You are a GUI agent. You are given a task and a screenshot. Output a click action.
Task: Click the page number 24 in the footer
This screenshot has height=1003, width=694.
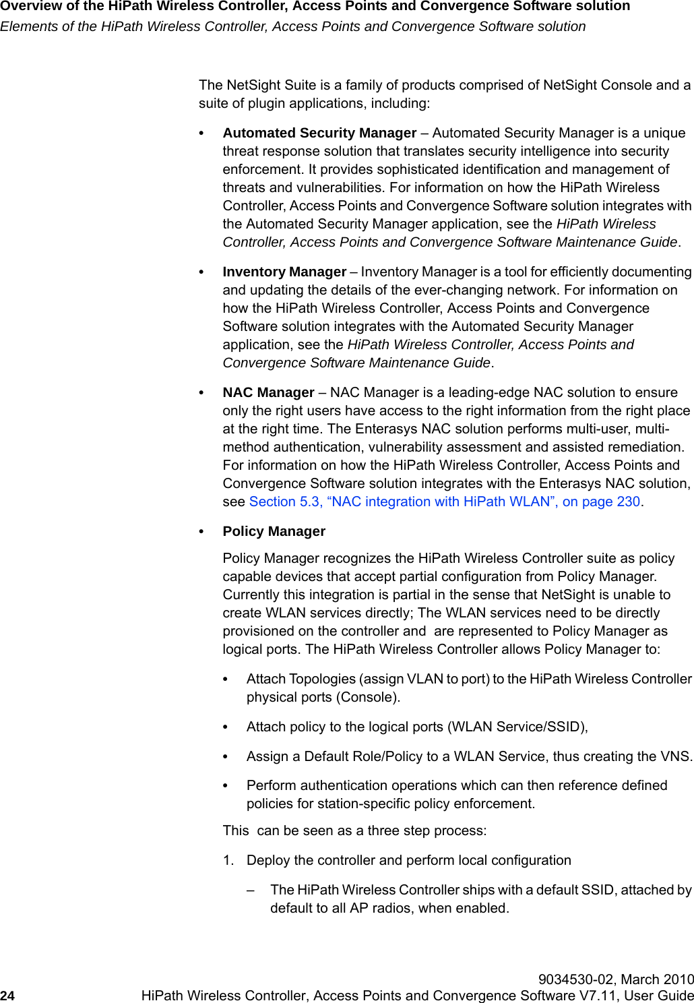point(7,996)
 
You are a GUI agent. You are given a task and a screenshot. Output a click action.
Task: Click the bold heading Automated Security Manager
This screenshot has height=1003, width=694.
point(319,133)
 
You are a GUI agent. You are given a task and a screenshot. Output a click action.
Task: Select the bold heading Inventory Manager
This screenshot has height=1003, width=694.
point(284,272)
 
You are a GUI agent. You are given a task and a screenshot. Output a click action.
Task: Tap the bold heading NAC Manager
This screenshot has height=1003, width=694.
point(268,392)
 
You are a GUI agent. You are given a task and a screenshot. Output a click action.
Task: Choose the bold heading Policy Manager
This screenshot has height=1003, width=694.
point(274,531)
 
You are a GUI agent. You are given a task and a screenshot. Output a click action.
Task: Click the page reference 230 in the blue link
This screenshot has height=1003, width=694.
point(628,501)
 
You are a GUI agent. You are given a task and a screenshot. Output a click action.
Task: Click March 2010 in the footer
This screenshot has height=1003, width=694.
point(658,979)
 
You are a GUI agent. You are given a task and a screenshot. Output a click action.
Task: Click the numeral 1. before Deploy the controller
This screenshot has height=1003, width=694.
point(229,860)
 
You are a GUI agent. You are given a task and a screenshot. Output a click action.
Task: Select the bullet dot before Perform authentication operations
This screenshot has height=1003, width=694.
point(226,786)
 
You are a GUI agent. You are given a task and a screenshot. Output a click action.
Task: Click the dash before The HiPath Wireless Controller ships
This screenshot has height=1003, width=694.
point(251,890)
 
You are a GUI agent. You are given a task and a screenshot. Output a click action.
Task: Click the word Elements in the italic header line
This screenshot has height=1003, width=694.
point(27,26)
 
